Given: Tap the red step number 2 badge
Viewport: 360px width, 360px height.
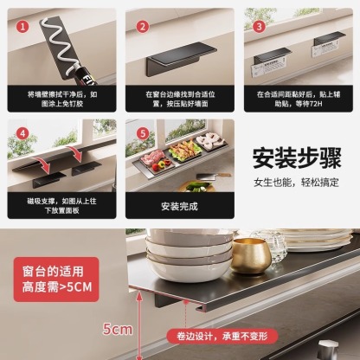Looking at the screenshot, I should coord(141,26).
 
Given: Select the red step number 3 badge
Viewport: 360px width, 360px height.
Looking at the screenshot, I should coord(259,26).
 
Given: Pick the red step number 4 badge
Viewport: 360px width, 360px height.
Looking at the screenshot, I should coord(23,135).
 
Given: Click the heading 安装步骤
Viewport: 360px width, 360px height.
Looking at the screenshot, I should coord(298,157).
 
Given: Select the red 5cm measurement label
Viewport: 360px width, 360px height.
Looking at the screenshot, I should coord(117,329).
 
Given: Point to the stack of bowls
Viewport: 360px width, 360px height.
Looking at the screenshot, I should coord(178,255).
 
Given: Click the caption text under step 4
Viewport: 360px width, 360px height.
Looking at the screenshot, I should coord(61,206).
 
